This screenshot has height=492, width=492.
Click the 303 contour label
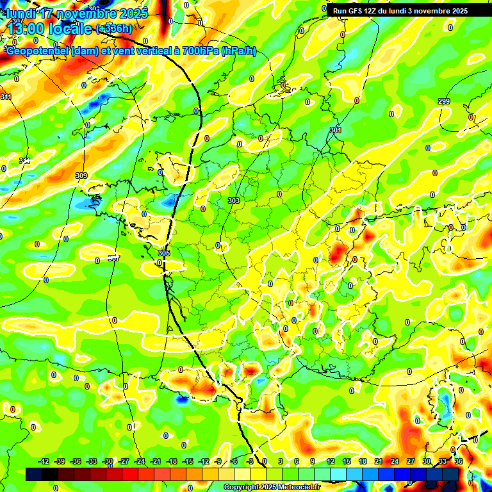pos(233,201)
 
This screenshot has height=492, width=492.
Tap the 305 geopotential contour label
pos(163,253)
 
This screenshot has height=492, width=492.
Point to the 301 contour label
pos(336,130)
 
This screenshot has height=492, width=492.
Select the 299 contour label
pos(444,102)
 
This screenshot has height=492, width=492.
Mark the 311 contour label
pos(6,97)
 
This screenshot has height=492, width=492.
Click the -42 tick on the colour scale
pos(44,461)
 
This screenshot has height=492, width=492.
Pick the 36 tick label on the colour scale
pos(458,461)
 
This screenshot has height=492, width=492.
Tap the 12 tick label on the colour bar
pos(331,461)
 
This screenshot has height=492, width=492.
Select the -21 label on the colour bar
pos(156,461)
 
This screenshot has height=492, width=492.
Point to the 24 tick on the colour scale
pos(395,461)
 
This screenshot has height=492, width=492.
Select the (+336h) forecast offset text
pos(114,28)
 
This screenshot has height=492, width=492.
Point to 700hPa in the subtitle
pos(200,51)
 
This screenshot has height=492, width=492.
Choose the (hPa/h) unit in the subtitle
pos(238,51)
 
